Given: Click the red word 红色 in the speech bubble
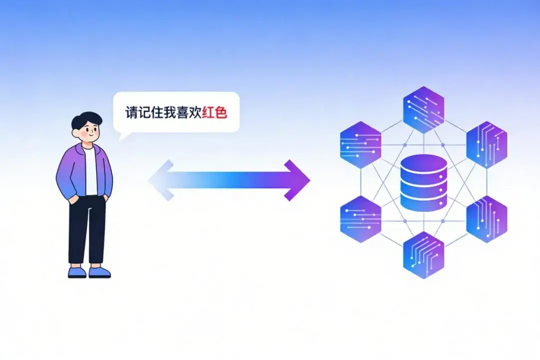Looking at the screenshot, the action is tap(214, 112).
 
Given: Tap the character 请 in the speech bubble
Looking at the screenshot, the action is tap(131, 112).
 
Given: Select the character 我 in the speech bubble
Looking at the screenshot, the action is tap(169, 112).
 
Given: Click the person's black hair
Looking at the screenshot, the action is tap(86, 120).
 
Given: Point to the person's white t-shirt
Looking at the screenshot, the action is tap(90, 170).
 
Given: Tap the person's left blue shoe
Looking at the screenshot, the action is tap(77, 272).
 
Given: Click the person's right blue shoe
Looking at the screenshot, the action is tap(100, 272).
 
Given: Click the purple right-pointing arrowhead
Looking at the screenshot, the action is tap(297, 180).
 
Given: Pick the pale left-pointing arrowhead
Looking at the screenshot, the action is tap(161, 180).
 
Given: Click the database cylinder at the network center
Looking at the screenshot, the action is tap(423, 182).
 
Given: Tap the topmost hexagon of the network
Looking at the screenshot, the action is tap(423, 109).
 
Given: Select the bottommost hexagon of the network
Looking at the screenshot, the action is tap(423, 255).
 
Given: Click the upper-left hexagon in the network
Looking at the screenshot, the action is tap(360, 144).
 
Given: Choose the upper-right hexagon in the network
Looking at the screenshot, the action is tap(486, 144).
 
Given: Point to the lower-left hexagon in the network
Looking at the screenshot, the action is tap(360, 219).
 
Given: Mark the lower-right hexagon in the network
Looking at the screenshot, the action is tap(486, 219).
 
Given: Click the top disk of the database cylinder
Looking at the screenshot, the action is tap(423, 164).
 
